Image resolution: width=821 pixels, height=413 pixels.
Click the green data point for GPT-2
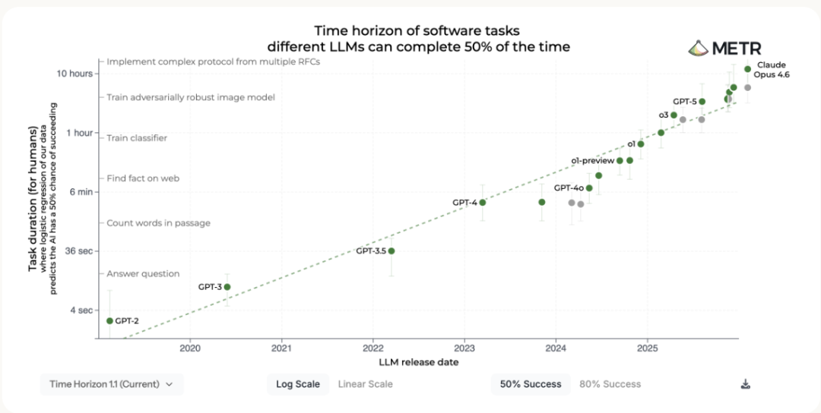pyautogui.click(x=109, y=320)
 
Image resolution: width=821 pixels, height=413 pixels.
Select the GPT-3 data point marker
pyautogui.click(x=227, y=286)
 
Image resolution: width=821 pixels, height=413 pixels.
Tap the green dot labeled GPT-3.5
pyautogui.click(x=391, y=251)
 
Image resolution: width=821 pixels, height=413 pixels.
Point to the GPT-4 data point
pyautogui.click(x=483, y=202)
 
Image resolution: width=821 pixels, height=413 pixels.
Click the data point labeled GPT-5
pyautogui.click(x=702, y=102)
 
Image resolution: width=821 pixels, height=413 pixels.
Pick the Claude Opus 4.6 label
pyautogui.click(x=772, y=70)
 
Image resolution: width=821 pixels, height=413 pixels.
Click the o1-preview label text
pyautogui.click(x=592, y=160)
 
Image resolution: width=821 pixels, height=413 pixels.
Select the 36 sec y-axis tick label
pyautogui.click(x=78, y=251)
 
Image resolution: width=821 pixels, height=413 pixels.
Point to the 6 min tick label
pyautogui.click(x=81, y=192)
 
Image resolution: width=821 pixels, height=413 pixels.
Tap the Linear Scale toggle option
pyautogui.click(x=365, y=384)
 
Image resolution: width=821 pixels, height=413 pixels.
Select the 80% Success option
pyautogui.click(x=610, y=384)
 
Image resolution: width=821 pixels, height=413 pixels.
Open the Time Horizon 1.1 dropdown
pyautogui.click(x=112, y=384)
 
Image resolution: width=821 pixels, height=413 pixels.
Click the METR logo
pyautogui.click(x=724, y=48)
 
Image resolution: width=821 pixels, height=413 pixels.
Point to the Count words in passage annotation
pyautogui.click(x=159, y=223)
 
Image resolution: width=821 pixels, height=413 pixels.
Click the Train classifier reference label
pyautogui.click(x=137, y=138)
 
